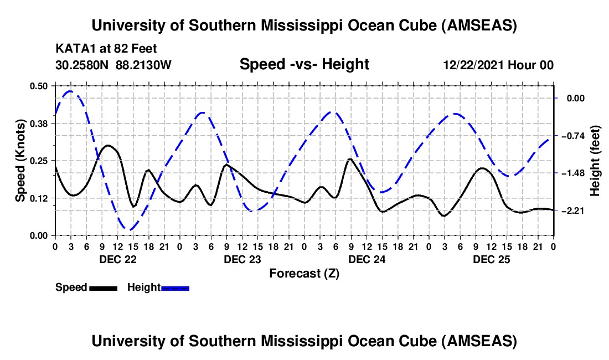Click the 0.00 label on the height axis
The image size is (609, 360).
coord(576,98)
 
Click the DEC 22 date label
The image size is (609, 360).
coord(117,259)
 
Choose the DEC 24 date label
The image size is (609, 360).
coord(367,259)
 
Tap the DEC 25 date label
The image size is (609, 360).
coord(491,259)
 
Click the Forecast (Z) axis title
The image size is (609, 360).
coord(304,273)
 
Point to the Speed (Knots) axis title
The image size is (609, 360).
coord(20,161)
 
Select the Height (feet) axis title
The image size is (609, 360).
coord(595,161)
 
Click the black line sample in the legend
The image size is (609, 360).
coord(103,288)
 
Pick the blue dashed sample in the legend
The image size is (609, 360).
coord(175,288)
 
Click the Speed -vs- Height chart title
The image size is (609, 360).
coord(304,65)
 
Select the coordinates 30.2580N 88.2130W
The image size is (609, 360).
coord(113,65)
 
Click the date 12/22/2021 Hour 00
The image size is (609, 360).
coord(498,65)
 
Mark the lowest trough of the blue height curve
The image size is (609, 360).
coord(130,229)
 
